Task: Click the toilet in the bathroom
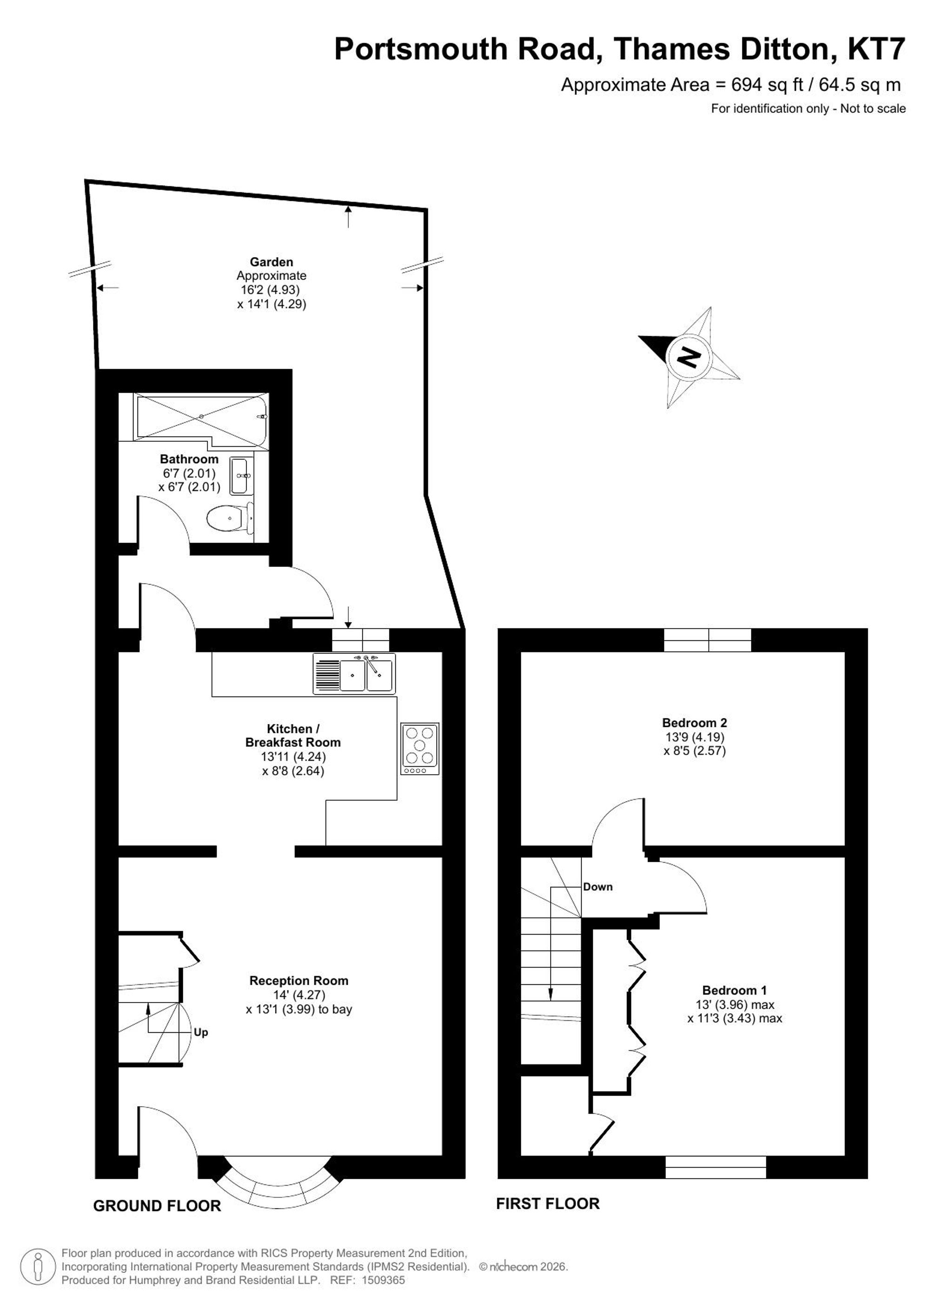pyautogui.click(x=230, y=518)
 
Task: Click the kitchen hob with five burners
pyautogui.click(x=420, y=749)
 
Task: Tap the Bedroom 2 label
pyautogui.click(x=695, y=723)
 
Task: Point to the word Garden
pyautogui.click(x=272, y=262)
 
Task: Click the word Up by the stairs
pyautogui.click(x=200, y=1032)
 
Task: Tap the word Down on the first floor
pyautogui.click(x=598, y=887)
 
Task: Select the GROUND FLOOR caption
pyautogui.click(x=157, y=1206)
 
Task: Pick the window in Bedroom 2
pyautogui.click(x=708, y=640)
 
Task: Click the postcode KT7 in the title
pyautogui.click(x=876, y=49)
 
